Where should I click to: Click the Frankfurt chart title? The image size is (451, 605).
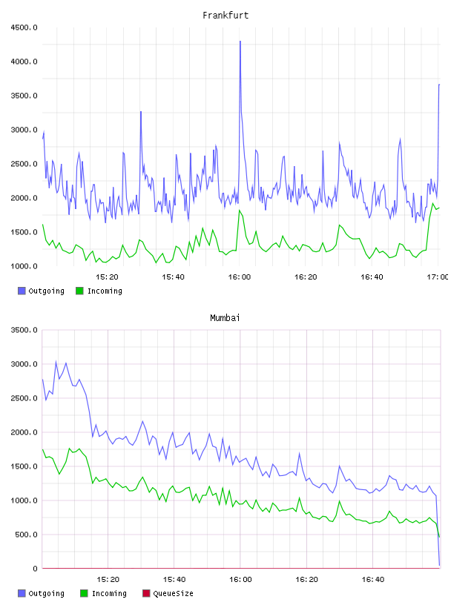pyautogui.click(x=225, y=16)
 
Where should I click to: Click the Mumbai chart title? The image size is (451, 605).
pyautogui.click(x=225, y=318)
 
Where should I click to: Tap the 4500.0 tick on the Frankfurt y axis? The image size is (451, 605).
pyautogui.click(x=24, y=27)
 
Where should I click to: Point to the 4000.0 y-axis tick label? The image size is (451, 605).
pyautogui.click(x=24, y=62)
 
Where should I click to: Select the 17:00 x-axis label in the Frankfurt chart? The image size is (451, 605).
pyautogui.click(x=438, y=277)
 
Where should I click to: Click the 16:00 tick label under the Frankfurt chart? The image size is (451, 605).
pyautogui.click(x=240, y=277)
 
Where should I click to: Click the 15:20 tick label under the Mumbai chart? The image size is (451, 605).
pyautogui.click(x=108, y=579)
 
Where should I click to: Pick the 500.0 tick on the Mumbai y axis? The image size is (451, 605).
pyautogui.click(x=26, y=535)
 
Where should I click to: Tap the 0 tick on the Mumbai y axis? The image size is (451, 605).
pyautogui.click(x=35, y=569)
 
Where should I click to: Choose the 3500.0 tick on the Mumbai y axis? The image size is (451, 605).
pyautogui.click(x=24, y=330)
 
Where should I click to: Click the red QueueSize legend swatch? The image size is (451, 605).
pyautogui.click(x=146, y=593)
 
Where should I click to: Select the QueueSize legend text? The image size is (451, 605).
pyautogui.click(x=173, y=593)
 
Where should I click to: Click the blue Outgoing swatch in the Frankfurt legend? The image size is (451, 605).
pyautogui.click(x=22, y=291)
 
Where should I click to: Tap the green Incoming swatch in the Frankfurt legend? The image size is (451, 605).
pyautogui.click(x=79, y=291)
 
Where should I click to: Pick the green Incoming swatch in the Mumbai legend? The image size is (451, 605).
pyautogui.click(x=84, y=593)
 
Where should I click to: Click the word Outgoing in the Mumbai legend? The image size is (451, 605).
pyautogui.click(x=46, y=593)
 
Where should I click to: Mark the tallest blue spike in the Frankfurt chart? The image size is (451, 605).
pyautogui.click(x=240, y=42)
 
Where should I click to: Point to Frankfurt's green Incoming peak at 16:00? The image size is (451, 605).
pyautogui.click(x=240, y=211)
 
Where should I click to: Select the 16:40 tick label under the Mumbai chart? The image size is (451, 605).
pyautogui.click(x=373, y=579)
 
